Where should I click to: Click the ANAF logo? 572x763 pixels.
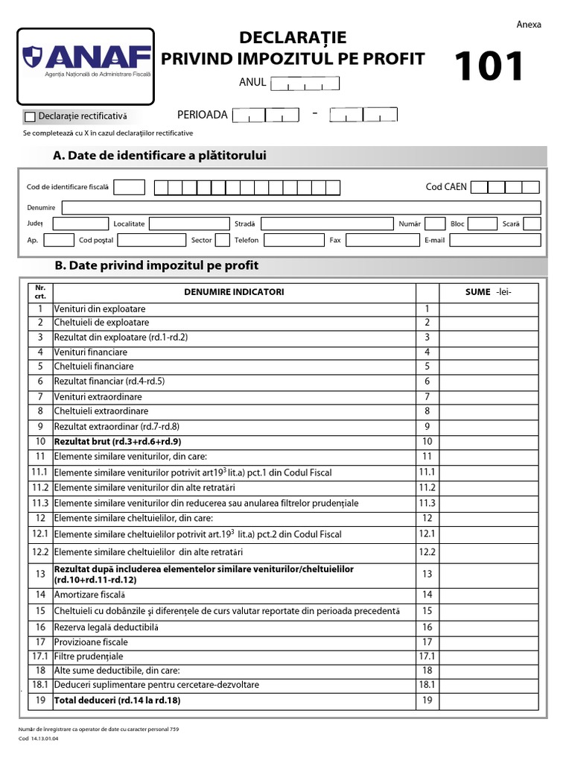[x=86, y=60]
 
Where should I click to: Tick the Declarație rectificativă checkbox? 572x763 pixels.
[x=30, y=117]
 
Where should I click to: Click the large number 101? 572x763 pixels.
[x=490, y=68]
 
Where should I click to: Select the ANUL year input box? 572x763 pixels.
[x=305, y=83]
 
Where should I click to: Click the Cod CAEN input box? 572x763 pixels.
[x=505, y=187]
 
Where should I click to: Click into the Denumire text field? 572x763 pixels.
[x=301, y=207]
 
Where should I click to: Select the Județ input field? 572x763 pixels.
[x=80, y=224]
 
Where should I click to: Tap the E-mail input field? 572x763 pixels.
[x=495, y=240]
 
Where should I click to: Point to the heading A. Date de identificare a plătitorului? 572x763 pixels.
[x=160, y=156]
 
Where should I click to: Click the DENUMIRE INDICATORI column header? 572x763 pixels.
[x=234, y=292]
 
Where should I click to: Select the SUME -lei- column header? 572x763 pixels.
[x=489, y=292]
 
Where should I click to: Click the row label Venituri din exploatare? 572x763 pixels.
[x=100, y=308]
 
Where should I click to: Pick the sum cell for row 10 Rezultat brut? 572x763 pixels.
[x=490, y=442]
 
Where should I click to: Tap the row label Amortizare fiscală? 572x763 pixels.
[x=89, y=595]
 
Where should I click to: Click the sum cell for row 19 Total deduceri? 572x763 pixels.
[x=490, y=700]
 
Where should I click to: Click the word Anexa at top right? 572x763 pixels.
[x=529, y=25]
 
